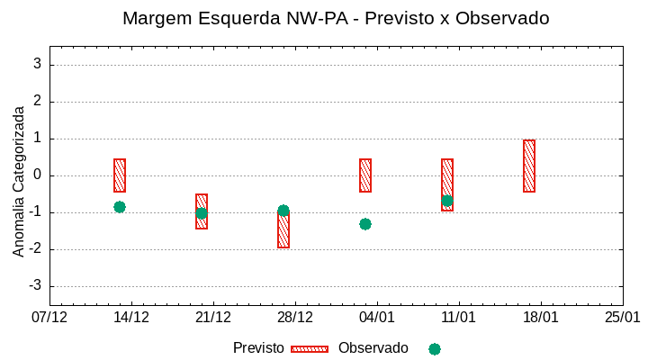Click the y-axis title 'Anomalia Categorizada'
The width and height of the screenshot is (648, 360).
[x=19, y=181]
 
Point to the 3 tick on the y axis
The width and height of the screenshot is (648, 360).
[x=37, y=64]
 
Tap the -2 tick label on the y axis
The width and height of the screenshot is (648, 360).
[x=34, y=249]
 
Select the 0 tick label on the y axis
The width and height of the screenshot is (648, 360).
[x=37, y=175]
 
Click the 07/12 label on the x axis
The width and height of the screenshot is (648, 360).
[x=49, y=317]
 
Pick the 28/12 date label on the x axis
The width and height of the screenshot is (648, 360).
[x=295, y=317]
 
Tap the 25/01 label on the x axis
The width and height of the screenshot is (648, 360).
[x=622, y=317]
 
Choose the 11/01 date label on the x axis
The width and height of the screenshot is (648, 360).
[x=459, y=317]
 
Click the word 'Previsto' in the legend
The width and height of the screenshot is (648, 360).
[x=258, y=348]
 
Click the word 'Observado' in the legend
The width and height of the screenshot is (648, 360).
[x=373, y=348]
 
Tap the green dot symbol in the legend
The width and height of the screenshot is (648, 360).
[x=435, y=349]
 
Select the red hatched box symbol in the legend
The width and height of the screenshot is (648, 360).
[x=310, y=349]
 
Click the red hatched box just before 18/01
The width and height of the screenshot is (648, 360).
[x=529, y=166]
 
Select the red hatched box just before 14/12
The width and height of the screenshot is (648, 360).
[x=120, y=175]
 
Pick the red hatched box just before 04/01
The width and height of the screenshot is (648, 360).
[x=365, y=175]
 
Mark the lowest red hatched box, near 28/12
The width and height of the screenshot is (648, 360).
[x=283, y=230]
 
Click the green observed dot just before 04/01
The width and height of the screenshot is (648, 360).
[x=365, y=224]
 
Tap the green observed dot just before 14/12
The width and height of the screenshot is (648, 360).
[x=120, y=207]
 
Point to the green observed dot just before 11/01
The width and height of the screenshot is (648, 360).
[x=447, y=201]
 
